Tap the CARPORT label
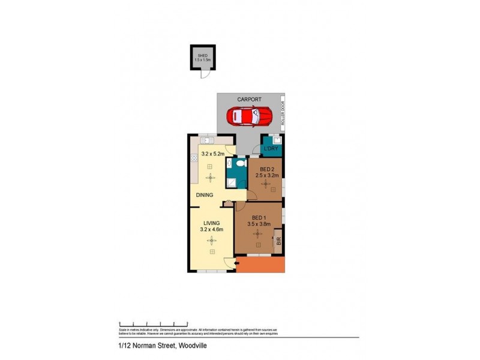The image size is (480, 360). click(250, 100)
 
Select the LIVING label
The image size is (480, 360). click(211, 223)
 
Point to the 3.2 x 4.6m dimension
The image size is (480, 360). click(211, 229)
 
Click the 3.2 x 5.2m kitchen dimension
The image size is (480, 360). click(213, 154)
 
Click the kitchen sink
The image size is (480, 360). click(207, 140)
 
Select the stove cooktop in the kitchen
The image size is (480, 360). click(194, 158)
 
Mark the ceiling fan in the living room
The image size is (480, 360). click(211, 241)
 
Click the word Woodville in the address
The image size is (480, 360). click(194, 346)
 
